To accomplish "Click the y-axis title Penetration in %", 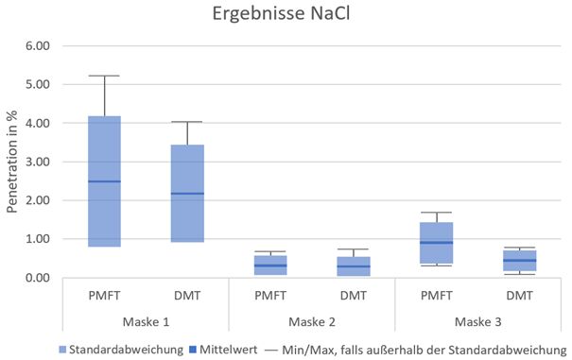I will click(x=12, y=161).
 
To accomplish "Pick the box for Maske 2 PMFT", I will click(x=269, y=265).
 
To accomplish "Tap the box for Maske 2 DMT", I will click(x=353, y=266).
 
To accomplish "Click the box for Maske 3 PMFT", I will click(x=436, y=243).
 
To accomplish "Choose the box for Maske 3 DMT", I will click(x=518, y=261).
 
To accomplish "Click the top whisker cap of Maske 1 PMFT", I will click(x=104, y=76).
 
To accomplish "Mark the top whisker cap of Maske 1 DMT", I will click(x=187, y=122).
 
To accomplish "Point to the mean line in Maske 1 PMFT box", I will click(x=104, y=181).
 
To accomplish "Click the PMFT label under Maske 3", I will click(x=436, y=296).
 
